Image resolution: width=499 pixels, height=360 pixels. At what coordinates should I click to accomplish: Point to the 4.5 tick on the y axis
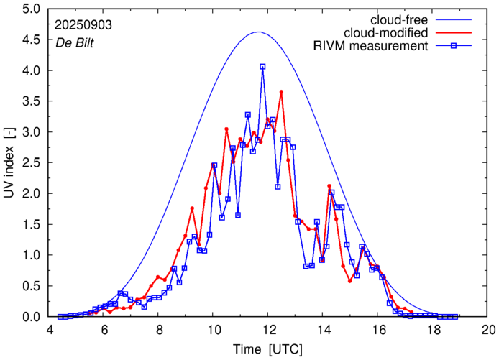click(31, 40)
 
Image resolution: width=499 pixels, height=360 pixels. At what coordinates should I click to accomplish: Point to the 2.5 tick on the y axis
click(31, 163)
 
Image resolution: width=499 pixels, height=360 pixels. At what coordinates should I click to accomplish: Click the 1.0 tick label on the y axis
click(31, 255)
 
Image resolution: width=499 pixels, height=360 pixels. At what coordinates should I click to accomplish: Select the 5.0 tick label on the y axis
click(31, 9)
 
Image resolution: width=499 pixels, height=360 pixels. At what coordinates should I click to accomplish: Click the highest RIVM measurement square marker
click(262, 67)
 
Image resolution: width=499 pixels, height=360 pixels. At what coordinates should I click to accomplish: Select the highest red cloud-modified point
click(281, 92)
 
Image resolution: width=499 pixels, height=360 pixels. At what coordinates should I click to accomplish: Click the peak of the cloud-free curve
click(258, 32)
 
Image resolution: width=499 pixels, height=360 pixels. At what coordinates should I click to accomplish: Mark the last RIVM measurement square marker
click(455, 316)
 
